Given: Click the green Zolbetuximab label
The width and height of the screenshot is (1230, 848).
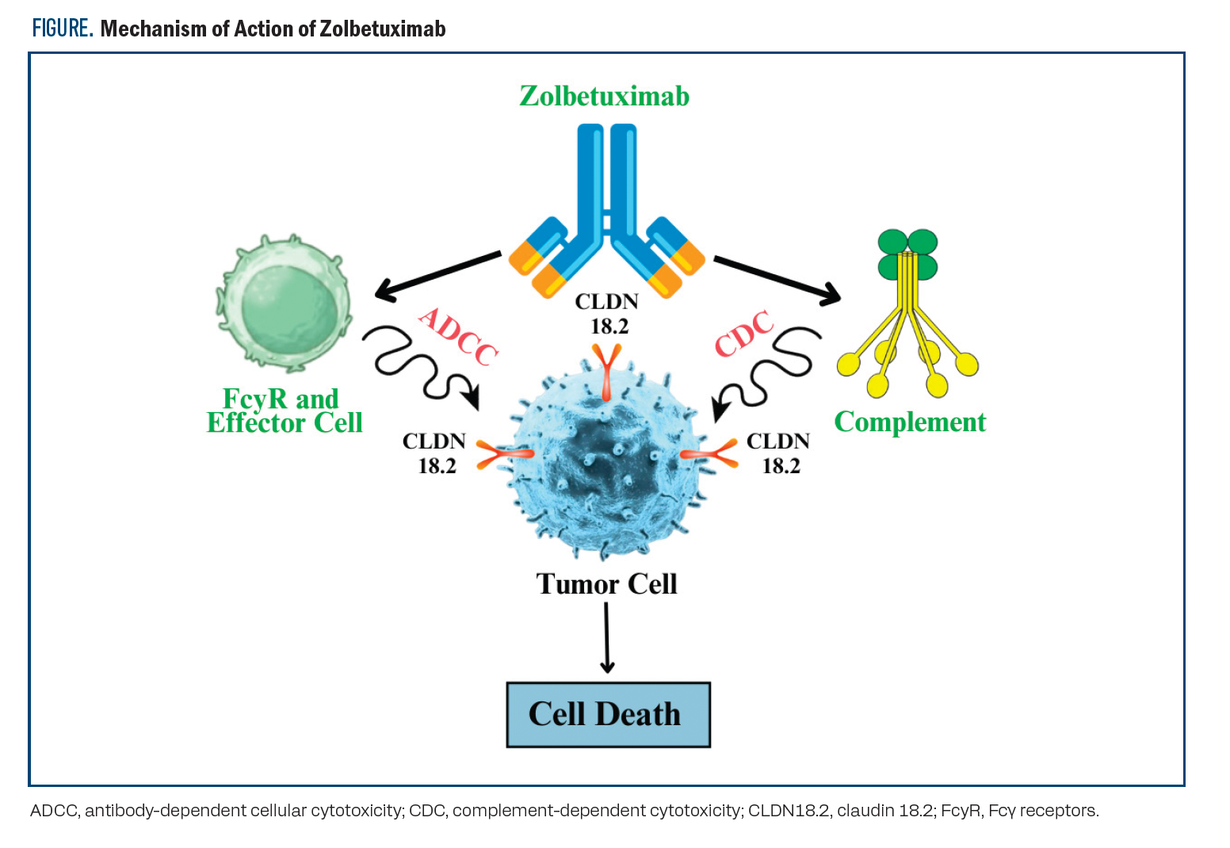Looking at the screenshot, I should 604,96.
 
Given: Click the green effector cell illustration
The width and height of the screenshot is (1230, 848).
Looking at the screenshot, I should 284,304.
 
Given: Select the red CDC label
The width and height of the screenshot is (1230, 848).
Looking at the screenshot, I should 743,334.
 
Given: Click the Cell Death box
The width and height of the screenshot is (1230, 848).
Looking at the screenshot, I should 608,714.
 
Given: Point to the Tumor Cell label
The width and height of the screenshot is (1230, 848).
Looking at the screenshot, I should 606,584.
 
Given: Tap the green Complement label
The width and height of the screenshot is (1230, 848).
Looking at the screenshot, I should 910,422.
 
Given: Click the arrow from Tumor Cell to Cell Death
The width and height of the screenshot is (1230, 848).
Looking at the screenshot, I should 607,637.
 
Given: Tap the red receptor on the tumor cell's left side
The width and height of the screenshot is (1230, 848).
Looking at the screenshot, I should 504,454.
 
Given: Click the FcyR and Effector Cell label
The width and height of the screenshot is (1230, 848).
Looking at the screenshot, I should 284,411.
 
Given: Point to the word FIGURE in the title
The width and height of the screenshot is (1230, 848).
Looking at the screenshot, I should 63,29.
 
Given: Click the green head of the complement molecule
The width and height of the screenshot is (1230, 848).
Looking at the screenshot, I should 908,254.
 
